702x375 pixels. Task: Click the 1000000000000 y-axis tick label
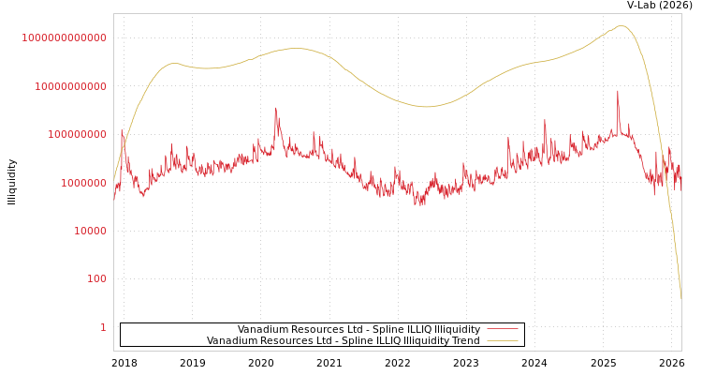coord(64,37)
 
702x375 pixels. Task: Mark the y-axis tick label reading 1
coord(103,327)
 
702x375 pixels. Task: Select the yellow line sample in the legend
coord(503,341)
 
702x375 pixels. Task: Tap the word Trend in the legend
coord(464,341)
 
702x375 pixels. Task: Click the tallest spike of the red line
coord(618,92)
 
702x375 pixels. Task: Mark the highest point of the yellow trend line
coord(622,25)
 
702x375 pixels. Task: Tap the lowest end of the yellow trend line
coord(680,298)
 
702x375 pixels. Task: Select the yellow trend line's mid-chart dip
coord(426,107)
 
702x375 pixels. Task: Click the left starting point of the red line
coord(114,200)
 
